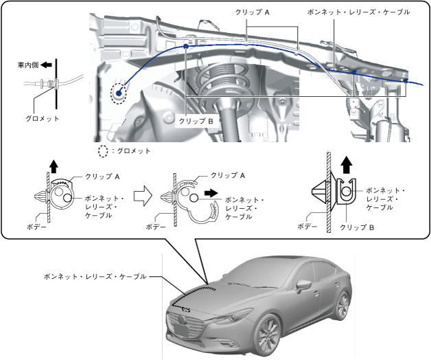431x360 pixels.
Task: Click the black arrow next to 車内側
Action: click(x=45, y=66)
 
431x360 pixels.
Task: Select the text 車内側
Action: click(x=27, y=66)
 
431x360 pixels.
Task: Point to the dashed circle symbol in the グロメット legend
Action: click(x=103, y=150)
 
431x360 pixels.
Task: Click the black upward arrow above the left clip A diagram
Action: click(x=54, y=165)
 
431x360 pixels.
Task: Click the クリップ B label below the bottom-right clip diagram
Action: click(x=358, y=226)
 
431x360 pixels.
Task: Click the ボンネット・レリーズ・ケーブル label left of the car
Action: click(x=94, y=276)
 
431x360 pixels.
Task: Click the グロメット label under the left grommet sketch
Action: click(x=43, y=118)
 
